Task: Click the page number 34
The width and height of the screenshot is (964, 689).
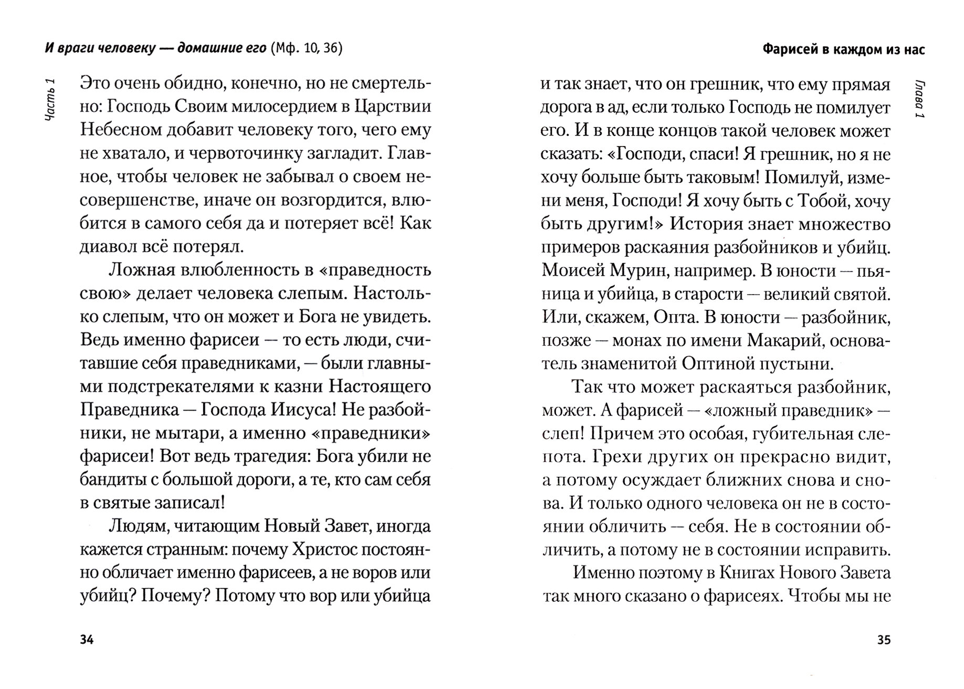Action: [87, 640]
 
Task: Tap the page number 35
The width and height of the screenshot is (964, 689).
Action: [884, 640]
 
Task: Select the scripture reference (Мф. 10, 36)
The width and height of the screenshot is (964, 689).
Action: [307, 49]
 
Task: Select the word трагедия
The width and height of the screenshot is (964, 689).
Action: [265, 456]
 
